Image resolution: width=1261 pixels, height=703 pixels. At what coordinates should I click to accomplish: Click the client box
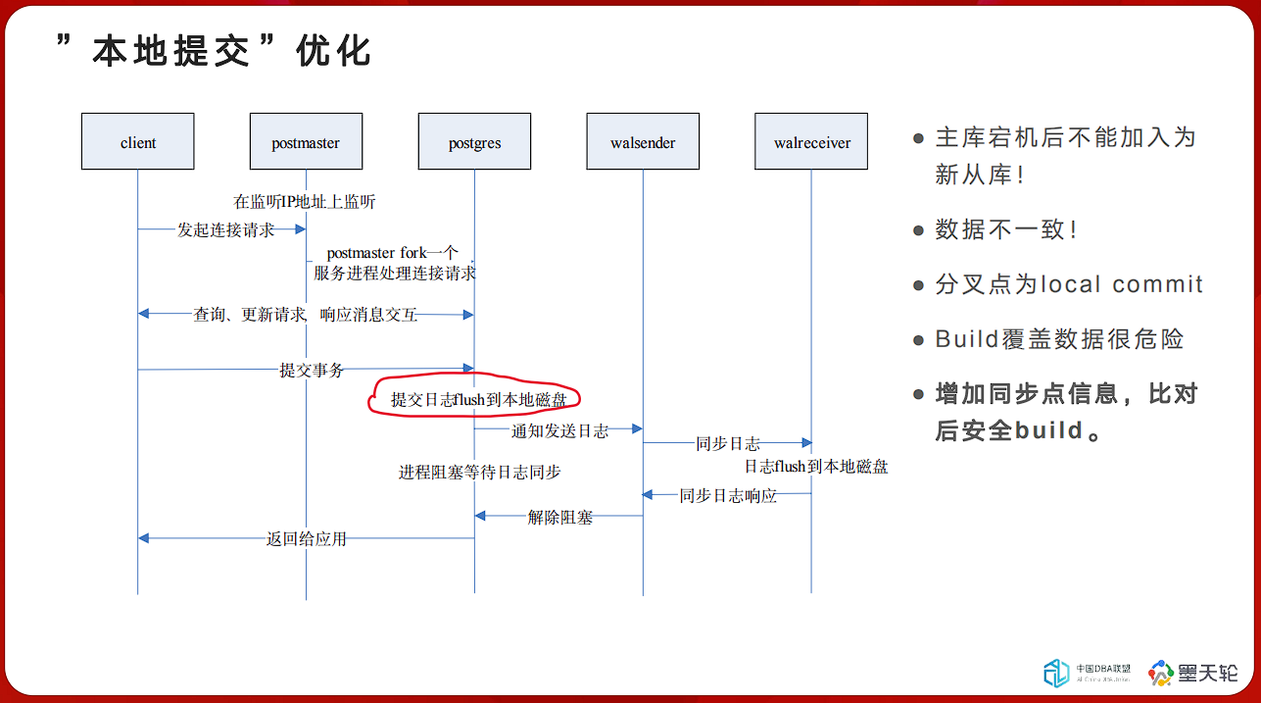click(138, 141)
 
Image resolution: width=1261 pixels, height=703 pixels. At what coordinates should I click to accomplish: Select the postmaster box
click(307, 141)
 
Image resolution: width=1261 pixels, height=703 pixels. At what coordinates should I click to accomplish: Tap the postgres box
click(474, 141)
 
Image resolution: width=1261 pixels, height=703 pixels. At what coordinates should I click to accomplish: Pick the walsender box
click(643, 141)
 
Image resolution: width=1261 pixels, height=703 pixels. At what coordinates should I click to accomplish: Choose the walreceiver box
click(811, 141)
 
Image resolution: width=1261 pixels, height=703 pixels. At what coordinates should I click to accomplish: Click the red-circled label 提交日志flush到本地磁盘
click(478, 399)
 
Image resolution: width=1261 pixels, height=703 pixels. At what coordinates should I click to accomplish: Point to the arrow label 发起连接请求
click(225, 229)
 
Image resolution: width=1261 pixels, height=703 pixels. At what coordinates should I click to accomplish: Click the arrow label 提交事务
click(312, 370)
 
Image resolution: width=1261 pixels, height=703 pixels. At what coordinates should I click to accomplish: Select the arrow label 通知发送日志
click(559, 431)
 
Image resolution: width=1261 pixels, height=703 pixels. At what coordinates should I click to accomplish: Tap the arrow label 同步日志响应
click(728, 496)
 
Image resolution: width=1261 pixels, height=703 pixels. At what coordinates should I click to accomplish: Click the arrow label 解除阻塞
click(560, 517)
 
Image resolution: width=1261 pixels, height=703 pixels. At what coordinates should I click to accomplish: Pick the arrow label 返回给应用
click(307, 539)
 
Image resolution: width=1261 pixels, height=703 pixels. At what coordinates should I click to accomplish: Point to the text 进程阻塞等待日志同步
click(480, 472)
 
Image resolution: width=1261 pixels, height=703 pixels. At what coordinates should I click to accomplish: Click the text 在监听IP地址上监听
click(305, 202)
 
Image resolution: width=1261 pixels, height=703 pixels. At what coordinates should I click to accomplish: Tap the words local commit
click(1122, 284)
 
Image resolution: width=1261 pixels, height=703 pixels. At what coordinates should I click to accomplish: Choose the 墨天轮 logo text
click(1208, 673)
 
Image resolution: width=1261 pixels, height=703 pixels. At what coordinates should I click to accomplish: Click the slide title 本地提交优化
click(214, 51)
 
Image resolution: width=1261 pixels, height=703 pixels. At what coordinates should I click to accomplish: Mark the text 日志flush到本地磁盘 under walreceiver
click(816, 467)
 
